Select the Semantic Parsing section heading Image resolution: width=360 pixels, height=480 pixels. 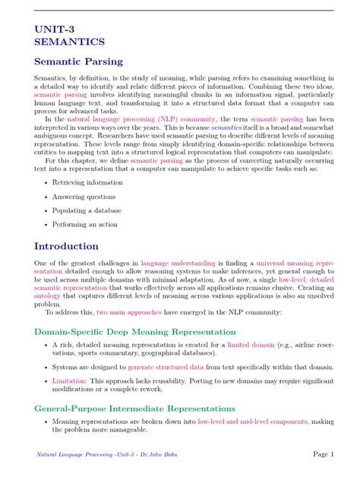[x=78, y=62]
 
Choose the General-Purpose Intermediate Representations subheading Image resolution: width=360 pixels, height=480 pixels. [x=134, y=408]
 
